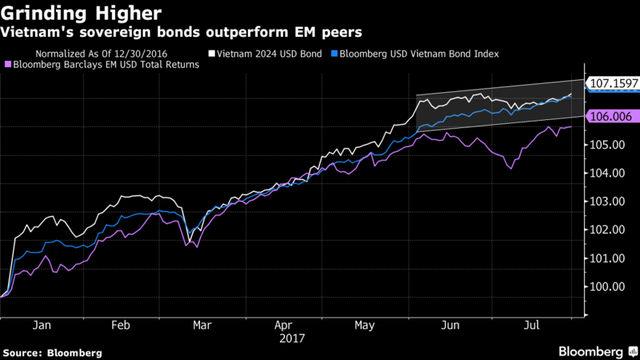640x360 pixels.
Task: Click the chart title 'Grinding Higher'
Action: click(81, 13)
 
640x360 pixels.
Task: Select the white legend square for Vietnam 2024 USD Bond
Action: click(211, 53)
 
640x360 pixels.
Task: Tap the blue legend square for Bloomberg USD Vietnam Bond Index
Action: click(334, 53)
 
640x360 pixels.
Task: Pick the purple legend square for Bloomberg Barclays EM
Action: click(8, 64)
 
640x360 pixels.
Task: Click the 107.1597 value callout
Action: click(613, 83)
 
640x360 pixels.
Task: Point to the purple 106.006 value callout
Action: click(613, 116)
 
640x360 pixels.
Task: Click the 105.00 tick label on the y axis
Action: click(607, 144)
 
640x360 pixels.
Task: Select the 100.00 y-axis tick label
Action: click(607, 287)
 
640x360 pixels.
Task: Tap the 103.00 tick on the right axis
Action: click(607, 201)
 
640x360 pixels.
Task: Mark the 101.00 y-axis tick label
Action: click(607, 258)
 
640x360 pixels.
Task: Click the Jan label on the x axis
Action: click(42, 325)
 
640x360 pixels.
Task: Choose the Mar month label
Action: click(202, 325)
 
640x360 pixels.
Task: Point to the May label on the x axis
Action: click(364, 326)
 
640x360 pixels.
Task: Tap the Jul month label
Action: click(531, 325)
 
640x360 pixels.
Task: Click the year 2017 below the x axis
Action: click(292, 338)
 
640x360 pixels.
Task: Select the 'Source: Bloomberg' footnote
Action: click(52, 353)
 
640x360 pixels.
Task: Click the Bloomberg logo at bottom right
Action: click(598, 352)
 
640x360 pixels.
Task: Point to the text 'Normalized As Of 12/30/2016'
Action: click(101, 54)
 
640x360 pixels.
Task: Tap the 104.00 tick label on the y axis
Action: click(607, 173)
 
